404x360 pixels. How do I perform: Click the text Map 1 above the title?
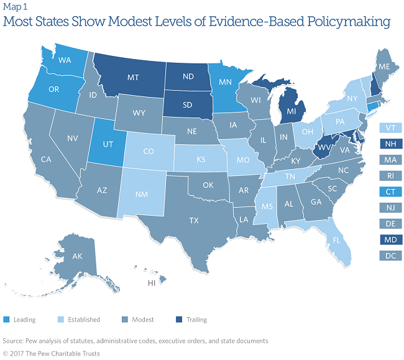pyautogui.click(x=14, y=7)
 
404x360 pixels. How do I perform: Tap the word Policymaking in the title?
pyautogui.click(x=351, y=22)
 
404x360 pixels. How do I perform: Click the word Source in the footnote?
pyautogui.click(x=14, y=341)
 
